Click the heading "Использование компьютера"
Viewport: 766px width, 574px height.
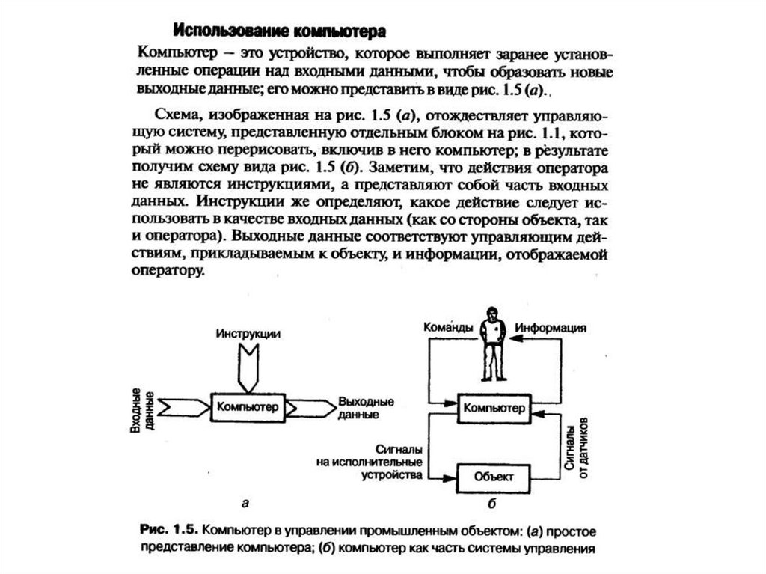[279, 31]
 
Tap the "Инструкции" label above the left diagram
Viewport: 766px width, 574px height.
[248, 334]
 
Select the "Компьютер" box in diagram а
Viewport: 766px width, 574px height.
[247, 407]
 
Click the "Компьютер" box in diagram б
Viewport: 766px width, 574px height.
[492, 408]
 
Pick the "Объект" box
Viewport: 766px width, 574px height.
[492, 476]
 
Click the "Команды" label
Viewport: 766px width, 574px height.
[448, 327]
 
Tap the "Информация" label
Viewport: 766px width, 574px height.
[549, 328]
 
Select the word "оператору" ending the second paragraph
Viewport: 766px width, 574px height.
[170, 273]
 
